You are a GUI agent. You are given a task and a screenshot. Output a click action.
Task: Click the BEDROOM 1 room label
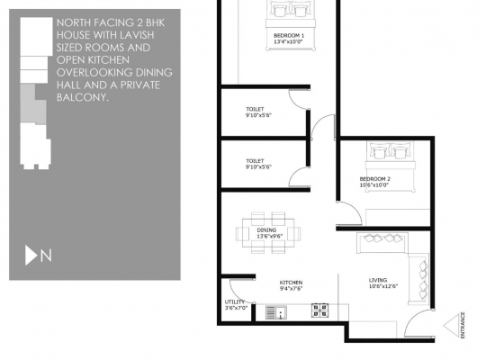(x=289, y=35)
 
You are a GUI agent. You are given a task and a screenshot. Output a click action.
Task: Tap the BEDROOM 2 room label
(x=374, y=179)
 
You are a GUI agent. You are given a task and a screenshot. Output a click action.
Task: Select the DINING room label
(x=266, y=229)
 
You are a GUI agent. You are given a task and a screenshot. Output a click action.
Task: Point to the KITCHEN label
(x=291, y=283)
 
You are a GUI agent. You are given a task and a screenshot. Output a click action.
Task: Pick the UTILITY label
(x=235, y=302)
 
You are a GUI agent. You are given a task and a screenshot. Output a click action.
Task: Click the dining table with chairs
(x=266, y=233)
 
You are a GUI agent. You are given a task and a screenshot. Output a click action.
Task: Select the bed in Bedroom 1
(x=289, y=13)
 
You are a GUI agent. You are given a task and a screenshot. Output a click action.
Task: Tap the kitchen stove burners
(x=319, y=310)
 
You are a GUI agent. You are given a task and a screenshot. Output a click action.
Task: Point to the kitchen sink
(x=275, y=312)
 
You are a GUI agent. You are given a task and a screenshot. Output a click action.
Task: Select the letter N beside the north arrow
(x=46, y=256)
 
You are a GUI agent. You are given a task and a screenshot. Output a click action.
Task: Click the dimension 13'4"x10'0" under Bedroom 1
(x=289, y=41)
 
